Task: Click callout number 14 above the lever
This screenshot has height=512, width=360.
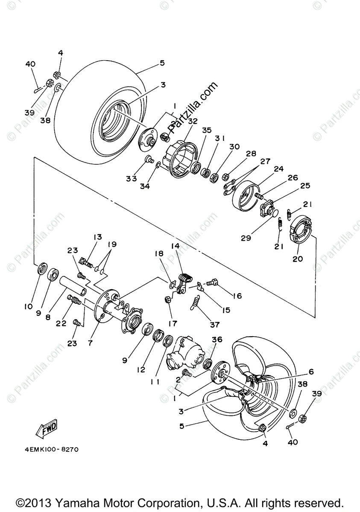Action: coord(176,246)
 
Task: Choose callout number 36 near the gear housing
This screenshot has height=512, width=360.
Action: coord(217,339)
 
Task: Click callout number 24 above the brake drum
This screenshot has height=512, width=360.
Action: coord(279,169)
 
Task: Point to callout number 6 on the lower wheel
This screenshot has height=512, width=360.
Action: coord(311,372)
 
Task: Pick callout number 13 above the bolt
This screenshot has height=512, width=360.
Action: coord(98,237)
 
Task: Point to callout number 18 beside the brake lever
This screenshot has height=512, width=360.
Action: coord(159,253)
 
